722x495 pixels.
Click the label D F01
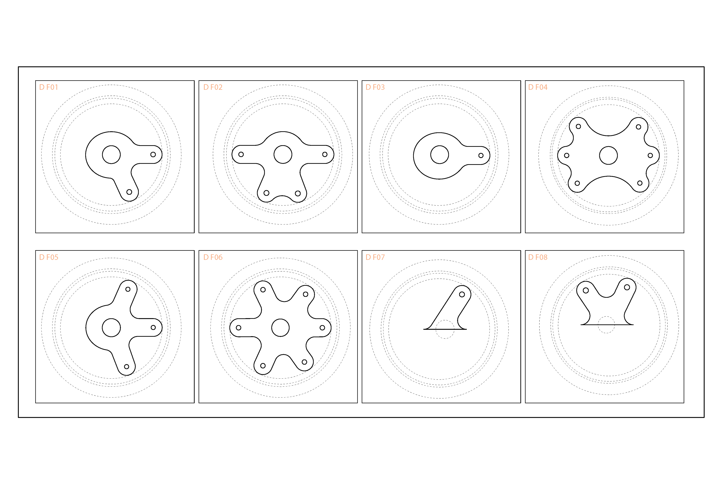click(x=49, y=87)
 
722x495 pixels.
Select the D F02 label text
click(x=213, y=87)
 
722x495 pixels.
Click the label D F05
click(x=49, y=257)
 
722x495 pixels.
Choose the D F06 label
click(x=213, y=257)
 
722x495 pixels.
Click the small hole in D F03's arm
click(x=481, y=155)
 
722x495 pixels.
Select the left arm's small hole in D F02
click(x=241, y=154)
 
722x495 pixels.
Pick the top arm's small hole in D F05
click(x=128, y=289)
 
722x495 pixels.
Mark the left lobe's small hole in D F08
click(x=586, y=291)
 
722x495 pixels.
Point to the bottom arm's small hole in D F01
click(x=129, y=192)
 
